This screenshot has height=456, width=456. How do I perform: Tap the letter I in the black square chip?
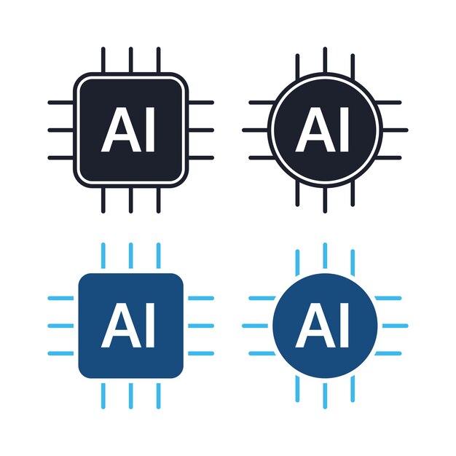(150, 130)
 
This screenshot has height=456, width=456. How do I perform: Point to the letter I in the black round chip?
(345, 130)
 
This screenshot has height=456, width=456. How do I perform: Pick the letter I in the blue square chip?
(150, 326)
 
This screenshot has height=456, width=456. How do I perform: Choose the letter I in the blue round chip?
(345, 326)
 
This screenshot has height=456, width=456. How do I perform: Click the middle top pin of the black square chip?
(131, 60)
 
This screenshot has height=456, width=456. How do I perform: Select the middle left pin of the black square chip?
(60, 130)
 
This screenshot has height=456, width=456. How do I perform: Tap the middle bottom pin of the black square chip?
(131, 200)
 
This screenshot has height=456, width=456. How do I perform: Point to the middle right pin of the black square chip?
(201, 130)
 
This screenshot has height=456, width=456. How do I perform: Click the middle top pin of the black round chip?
(325, 60)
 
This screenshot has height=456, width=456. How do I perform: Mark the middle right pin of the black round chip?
(396, 130)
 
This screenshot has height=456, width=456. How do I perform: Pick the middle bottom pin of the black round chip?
(325, 200)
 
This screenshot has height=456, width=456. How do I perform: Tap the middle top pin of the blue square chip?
(131, 256)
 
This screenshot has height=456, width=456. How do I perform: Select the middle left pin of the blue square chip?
(60, 326)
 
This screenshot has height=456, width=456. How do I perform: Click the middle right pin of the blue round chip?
(396, 326)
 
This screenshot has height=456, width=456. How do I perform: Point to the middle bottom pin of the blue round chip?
(325, 396)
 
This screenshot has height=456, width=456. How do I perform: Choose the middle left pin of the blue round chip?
(255, 326)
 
